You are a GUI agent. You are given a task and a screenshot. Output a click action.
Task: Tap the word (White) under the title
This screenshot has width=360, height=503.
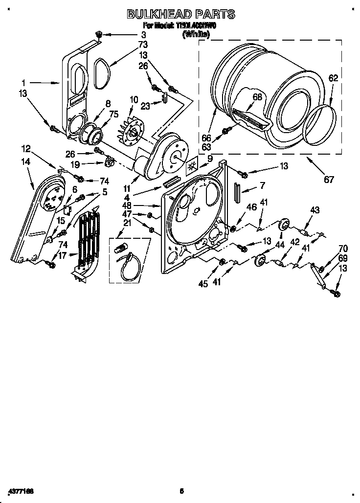[x=196, y=34]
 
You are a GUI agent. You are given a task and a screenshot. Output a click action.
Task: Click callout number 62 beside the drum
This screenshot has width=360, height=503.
[x=333, y=78]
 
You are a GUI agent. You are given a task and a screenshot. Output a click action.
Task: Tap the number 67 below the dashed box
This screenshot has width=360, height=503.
[x=329, y=180]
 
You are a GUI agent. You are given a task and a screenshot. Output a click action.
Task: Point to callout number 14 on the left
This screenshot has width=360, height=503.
[x=26, y=161]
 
